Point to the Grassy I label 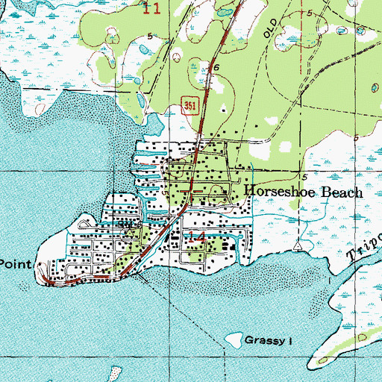pyautogui.click(x=266, y=340)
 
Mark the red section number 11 pyautogui.click(x=151, y=9)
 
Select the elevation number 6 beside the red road pyautogui.click(x=216, y=67)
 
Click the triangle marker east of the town pyautogui.click(x=298, y=245)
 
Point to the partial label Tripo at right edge pyautogui.click(x=364, y=251)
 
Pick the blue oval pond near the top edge pyautogui.click(x=225, y=13)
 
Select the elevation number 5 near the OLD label pyautogui.click(x=308, y=13)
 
